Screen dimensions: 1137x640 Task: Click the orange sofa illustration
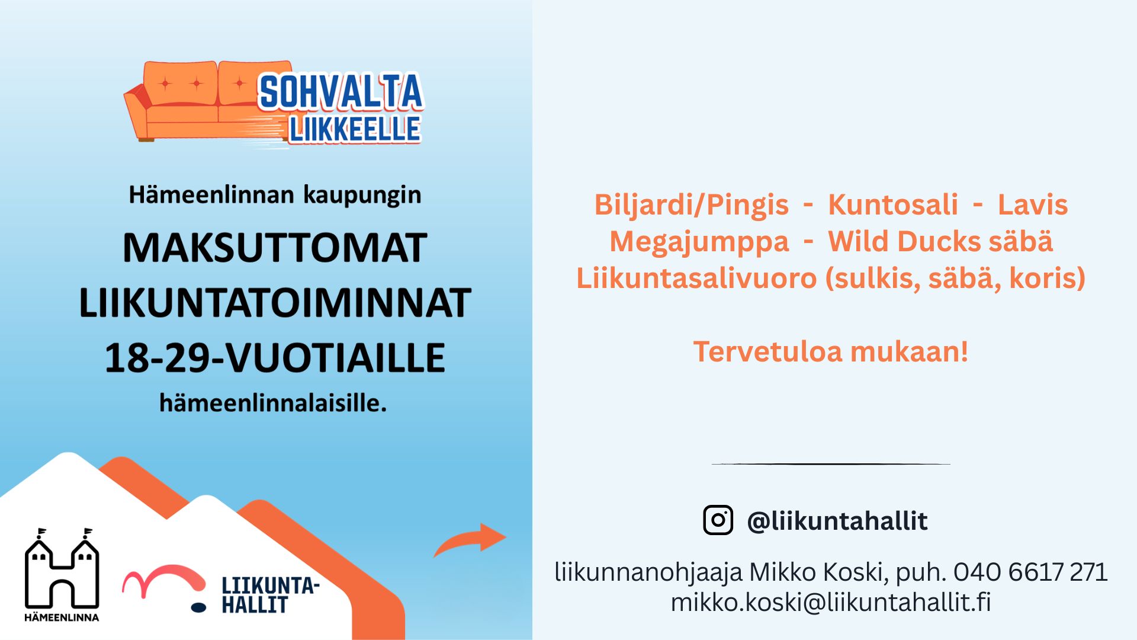201,101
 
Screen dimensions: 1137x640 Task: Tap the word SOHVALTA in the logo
341,92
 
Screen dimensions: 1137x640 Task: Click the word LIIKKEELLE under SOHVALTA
355,129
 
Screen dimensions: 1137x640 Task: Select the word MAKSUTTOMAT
274,248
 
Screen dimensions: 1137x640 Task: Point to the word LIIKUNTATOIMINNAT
275,303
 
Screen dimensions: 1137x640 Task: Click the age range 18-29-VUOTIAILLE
275,358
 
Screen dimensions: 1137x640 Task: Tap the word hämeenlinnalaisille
273,403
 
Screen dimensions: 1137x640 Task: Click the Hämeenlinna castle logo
62,574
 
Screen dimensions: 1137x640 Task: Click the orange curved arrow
470,539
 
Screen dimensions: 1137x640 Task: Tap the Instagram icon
718,520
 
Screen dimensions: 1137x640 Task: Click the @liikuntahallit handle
837,521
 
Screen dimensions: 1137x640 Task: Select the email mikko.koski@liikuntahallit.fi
831,602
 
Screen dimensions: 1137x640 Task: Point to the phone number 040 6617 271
1030,572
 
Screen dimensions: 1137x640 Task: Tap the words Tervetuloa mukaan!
831,351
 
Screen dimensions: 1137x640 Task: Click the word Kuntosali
893,205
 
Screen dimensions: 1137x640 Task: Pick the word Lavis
1033,205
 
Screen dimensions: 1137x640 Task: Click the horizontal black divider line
831,464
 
